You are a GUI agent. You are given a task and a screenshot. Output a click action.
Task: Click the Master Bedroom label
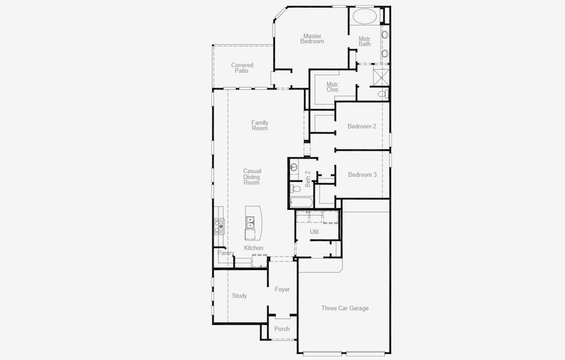click(312, 39)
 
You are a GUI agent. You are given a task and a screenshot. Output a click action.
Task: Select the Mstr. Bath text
click(364, 41)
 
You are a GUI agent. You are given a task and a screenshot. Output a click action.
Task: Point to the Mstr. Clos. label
click(333, 87)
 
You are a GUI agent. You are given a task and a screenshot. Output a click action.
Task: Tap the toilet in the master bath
click(382, 94)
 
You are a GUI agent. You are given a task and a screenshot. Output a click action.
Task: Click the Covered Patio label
click(242, 68)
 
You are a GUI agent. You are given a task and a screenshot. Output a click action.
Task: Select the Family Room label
click(260, 125)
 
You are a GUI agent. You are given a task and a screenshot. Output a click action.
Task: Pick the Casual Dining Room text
click(252, 176)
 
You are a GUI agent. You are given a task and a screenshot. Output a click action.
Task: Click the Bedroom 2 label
click(362, 127)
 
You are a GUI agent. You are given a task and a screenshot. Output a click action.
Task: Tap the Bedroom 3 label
click(363, 175)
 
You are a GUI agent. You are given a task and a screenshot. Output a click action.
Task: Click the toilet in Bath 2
click(294, 167)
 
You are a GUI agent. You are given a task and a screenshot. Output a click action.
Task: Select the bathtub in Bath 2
click(301, 202)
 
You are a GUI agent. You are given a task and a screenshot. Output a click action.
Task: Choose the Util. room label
click(315, 232)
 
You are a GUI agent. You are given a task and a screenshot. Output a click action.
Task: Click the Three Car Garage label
click(345, 308)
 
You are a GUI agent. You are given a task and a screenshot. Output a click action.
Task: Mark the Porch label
click(282, 329)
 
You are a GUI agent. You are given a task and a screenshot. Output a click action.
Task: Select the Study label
click(239, 296)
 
